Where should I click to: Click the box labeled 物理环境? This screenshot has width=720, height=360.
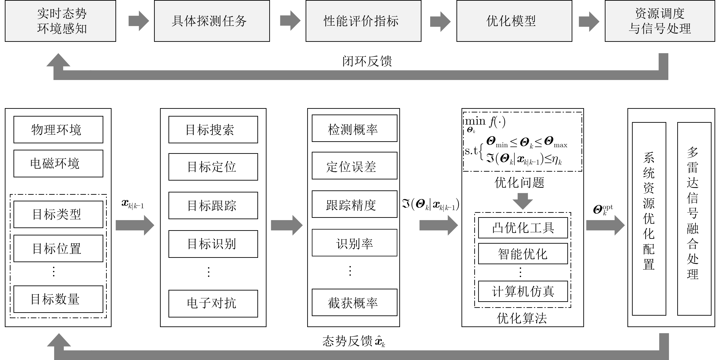click(58, 130)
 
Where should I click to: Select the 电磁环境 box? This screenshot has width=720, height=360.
click(58, 163)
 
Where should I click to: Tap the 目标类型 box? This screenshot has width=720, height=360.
click(58, 214)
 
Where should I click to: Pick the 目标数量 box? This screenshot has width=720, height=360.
click(58, 299)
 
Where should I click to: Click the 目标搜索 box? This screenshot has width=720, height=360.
click(213, 130)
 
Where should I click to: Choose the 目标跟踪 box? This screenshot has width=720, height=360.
click(213, 205)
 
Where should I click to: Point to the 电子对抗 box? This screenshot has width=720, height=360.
click(213, 304)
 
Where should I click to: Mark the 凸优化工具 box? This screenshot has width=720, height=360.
click(523, 228)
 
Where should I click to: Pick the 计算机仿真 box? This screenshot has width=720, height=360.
click(523, 291)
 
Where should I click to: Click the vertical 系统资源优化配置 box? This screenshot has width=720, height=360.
click(649, 219)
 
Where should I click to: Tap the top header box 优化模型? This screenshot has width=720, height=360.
click(514, 21)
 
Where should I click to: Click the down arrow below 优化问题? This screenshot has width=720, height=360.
click(523, 201)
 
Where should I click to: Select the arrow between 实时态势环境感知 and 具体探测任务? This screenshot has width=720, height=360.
click(139, 21)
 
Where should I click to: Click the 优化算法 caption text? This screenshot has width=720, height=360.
click(522, 318)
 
